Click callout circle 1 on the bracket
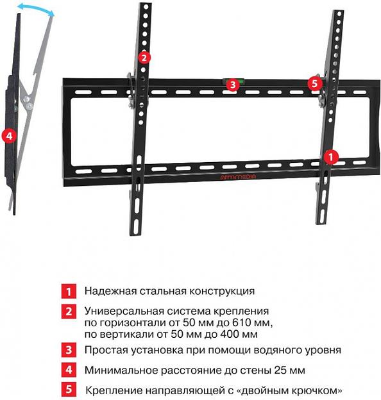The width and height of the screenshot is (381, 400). tap(330, 156)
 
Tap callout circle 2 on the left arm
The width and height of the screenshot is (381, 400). tap(145, 57)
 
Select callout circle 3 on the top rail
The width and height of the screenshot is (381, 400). tap(232, 84)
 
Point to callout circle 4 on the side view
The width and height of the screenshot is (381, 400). tap(8, 136)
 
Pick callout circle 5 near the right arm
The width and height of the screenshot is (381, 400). tap(314, 83)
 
